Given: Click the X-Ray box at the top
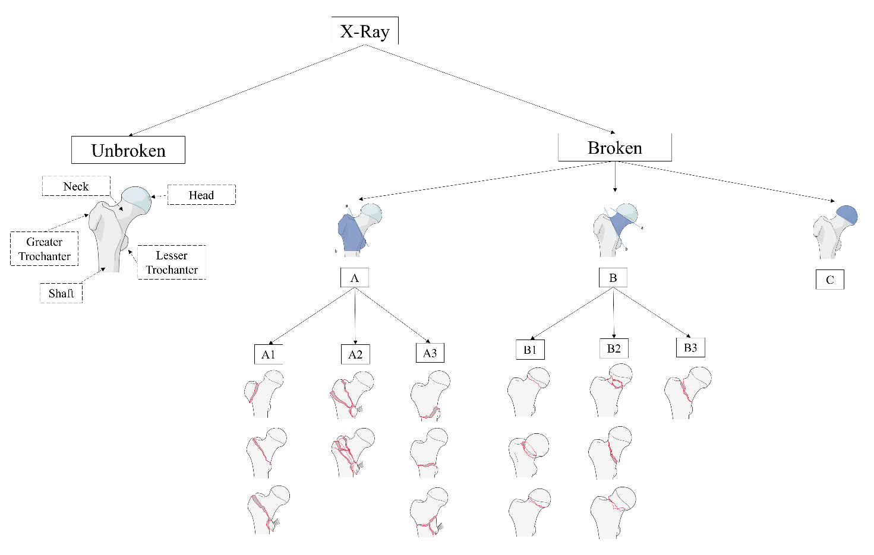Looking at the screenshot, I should pyautogui.click(x=365, y=31).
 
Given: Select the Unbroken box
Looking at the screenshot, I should pyautogui.click(x=128, y=150).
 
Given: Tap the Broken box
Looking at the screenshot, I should pyautogui.click(x=614, y=147).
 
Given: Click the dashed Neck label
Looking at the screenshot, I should pyautogui.click(x=76, y=186).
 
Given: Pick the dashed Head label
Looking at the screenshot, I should pyautogui.click(x=201, y=195).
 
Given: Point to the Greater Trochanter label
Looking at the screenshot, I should pyautogui.click(x=45, y=249).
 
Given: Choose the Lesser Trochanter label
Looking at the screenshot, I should pyautogui.click(x=172, y=262).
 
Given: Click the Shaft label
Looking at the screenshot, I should pyautogui.click(x=61, y=293).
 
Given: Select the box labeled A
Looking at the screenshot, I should pyautogui.click(x=355, y=278).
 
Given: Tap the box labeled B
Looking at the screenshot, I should pyautogui.click(x=613, y=277).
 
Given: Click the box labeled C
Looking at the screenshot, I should pyautogui.click(x=829, y=280).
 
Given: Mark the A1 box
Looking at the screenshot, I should pyautogui.click(x=268, y=354).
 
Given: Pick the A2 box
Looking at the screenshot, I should pyautogui.click(x=355, y=354).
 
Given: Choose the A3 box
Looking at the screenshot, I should pyautogui.click(x=430, y=353).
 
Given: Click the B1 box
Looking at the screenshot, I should pyautogui.click(x=530, y=350).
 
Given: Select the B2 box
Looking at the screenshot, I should pyautogui.click(x=614, y=348).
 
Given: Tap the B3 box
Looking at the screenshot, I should pyautogui.click(x=690, y=347).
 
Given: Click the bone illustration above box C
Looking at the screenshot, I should pyautogui.click(x=834, y=231).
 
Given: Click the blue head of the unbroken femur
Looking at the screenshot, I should pyautogui.click(x=137, y=199).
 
